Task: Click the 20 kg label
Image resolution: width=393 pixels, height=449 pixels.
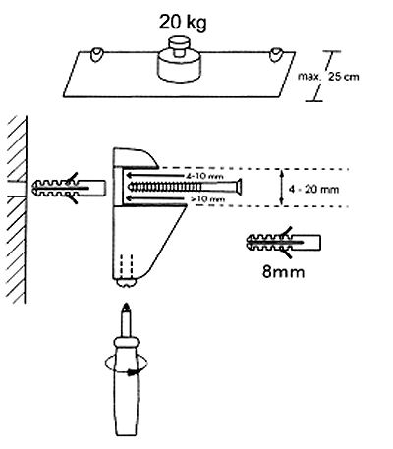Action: pyautogui.click(x=183, y=23)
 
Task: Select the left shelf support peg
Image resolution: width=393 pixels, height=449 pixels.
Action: pyautogui.click(x=96, y=54)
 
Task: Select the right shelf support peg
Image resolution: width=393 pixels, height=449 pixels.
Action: pyautogui.click(x=276, y=55)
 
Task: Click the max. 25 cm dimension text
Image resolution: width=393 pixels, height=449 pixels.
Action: pyautogui.click(x=328, y=77)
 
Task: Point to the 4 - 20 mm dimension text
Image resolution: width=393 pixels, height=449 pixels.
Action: pyautogui.click(x=313, y=189)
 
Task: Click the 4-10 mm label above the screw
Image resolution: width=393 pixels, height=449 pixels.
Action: pyautogui.click(x=204, y=176)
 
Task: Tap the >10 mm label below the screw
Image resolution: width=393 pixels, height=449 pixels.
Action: pyautogui.click(x=207, y=198)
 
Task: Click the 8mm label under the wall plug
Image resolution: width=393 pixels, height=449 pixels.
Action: pyautogui.click(x=283, y=271)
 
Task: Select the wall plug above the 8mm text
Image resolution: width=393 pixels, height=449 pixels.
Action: pyautogui.click(x=283, y=243)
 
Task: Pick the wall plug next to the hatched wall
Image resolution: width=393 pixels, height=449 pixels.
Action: pyautogui.click(x=69, y=188)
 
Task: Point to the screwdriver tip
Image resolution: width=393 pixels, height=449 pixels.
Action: pyautogui.click(x=126, y=309)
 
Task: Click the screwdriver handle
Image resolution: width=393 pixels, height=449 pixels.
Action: pyautogui.click(x=126, y=386)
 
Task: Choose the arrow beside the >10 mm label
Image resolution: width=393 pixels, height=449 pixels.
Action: pyautogui.click(x=158, y=198)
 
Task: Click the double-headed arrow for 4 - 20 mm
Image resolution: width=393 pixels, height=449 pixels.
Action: pyautogui.click(x=281, y=188)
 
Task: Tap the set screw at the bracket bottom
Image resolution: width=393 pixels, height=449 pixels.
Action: pyautogui.click(x=127, y=282)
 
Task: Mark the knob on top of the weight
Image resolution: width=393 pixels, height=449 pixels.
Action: pyautogui.click(x=179, y=46)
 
